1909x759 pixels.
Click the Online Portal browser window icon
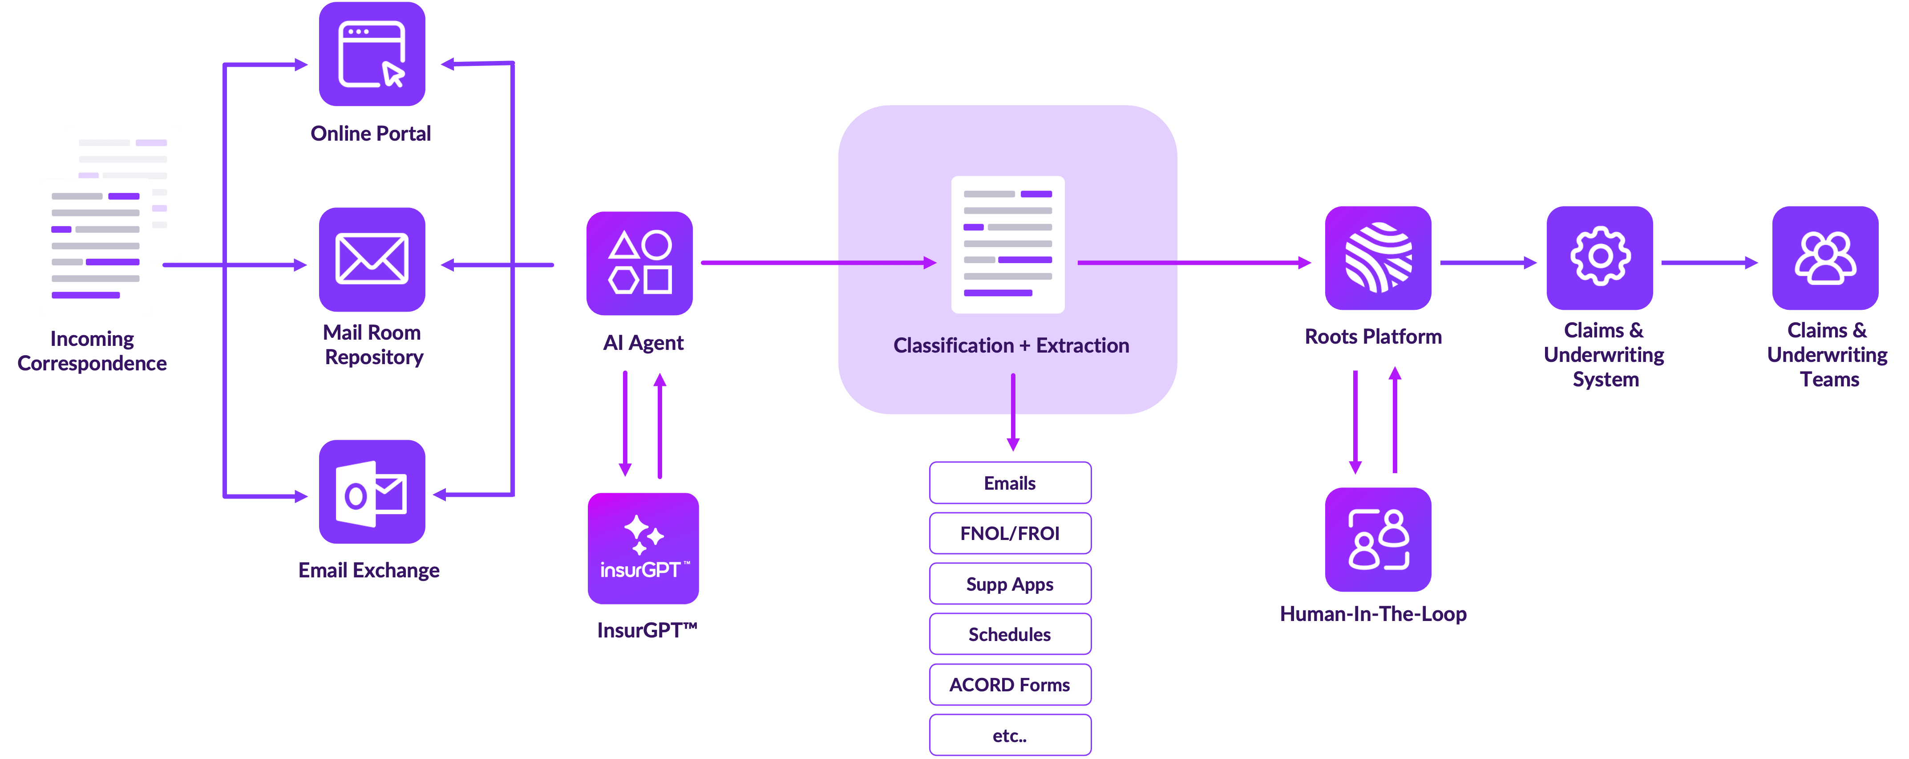pyautogui.click(x=372, y=54)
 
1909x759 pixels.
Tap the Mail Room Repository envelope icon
pyautogui.click(x=372, y=260)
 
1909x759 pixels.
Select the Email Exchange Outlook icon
pyautogui.click(x=372, y=493)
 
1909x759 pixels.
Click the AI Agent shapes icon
pyautogui.click(x=639, y=263)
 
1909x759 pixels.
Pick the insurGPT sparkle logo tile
pyautogui.click(x=643, y=548)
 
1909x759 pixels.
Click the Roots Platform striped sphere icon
pyautogui.click(x=1378, y=258)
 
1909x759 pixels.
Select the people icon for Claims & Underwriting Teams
pyautogui.click(x=1825, y=257)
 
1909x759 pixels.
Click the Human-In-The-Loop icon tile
pyautogui.click(x=1378, y=540)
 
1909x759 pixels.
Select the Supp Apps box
pyautogui.click(x=1010, y=584)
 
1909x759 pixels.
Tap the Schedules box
pyautogui.click(x=1010, y=634)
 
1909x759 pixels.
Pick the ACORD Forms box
pyautogui.click(x=1010, y=685)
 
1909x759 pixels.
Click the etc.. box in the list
pyautogui.click(x=1010, y=735)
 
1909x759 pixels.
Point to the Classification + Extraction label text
pyautogui.click(x=1011, y=345)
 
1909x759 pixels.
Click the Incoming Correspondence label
pyautogui.click(x=92, y=351)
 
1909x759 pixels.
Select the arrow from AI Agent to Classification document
pyautogui.click(x=815, y=262)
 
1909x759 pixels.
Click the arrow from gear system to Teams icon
pyautogui.click(x=1708, y=262)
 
